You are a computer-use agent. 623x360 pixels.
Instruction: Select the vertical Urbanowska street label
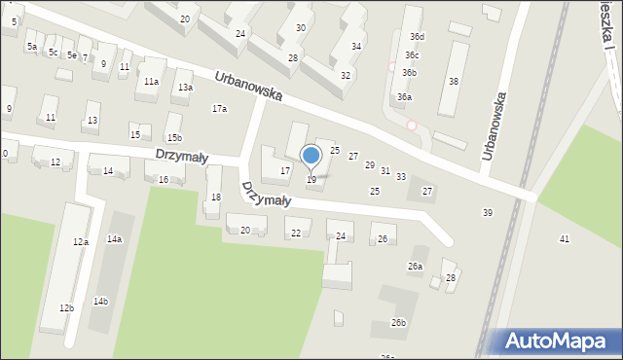click(x=495, y=126)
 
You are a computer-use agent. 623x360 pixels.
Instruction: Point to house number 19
click(x=311, y=180)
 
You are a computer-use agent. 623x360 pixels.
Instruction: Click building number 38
click(x=453, y=81)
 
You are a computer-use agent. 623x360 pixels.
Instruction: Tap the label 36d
click(x=417, y=37)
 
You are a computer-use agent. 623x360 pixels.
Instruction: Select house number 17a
click(x=220, y=109)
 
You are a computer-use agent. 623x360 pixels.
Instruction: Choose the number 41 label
click(x=565, y=239)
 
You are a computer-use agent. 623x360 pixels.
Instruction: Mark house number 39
click(x=488, y=212)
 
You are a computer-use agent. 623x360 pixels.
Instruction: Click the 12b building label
click(x=66, y=308)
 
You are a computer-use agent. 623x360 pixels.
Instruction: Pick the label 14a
click(x=115, y=239)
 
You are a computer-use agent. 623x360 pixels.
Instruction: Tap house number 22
click(x=296, y=234)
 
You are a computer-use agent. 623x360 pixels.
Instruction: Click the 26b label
click(x=398, y=323)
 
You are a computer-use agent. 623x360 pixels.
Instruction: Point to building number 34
click(x=357, y=47)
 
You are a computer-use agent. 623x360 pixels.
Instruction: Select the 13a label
click(x=184, y=88)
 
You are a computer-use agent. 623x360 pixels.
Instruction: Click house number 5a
click(x=32, y=47)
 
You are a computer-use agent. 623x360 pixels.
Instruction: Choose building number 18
click(x=215, y=198)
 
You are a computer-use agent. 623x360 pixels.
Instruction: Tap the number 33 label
click(x=401, y=177)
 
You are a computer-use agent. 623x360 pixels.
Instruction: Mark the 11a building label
click(x=151, y=82)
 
